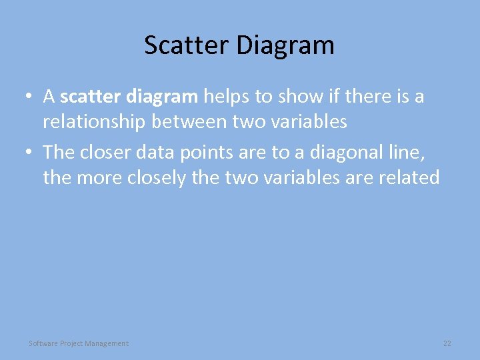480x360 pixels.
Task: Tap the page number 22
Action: (x=447, y=343)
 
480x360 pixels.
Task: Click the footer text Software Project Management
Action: (x=79, y=343)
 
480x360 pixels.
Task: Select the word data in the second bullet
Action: (x=154, y=153)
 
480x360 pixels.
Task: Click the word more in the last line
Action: (x=93, y=178)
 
